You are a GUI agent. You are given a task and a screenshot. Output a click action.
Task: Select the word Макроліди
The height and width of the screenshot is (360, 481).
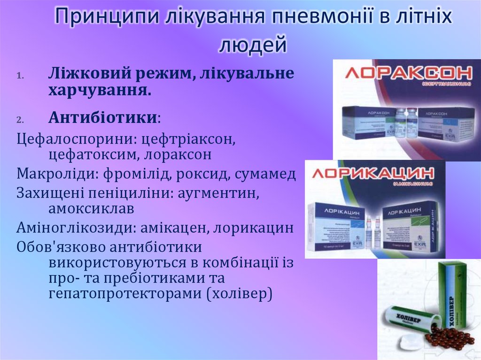click(52, 174)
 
